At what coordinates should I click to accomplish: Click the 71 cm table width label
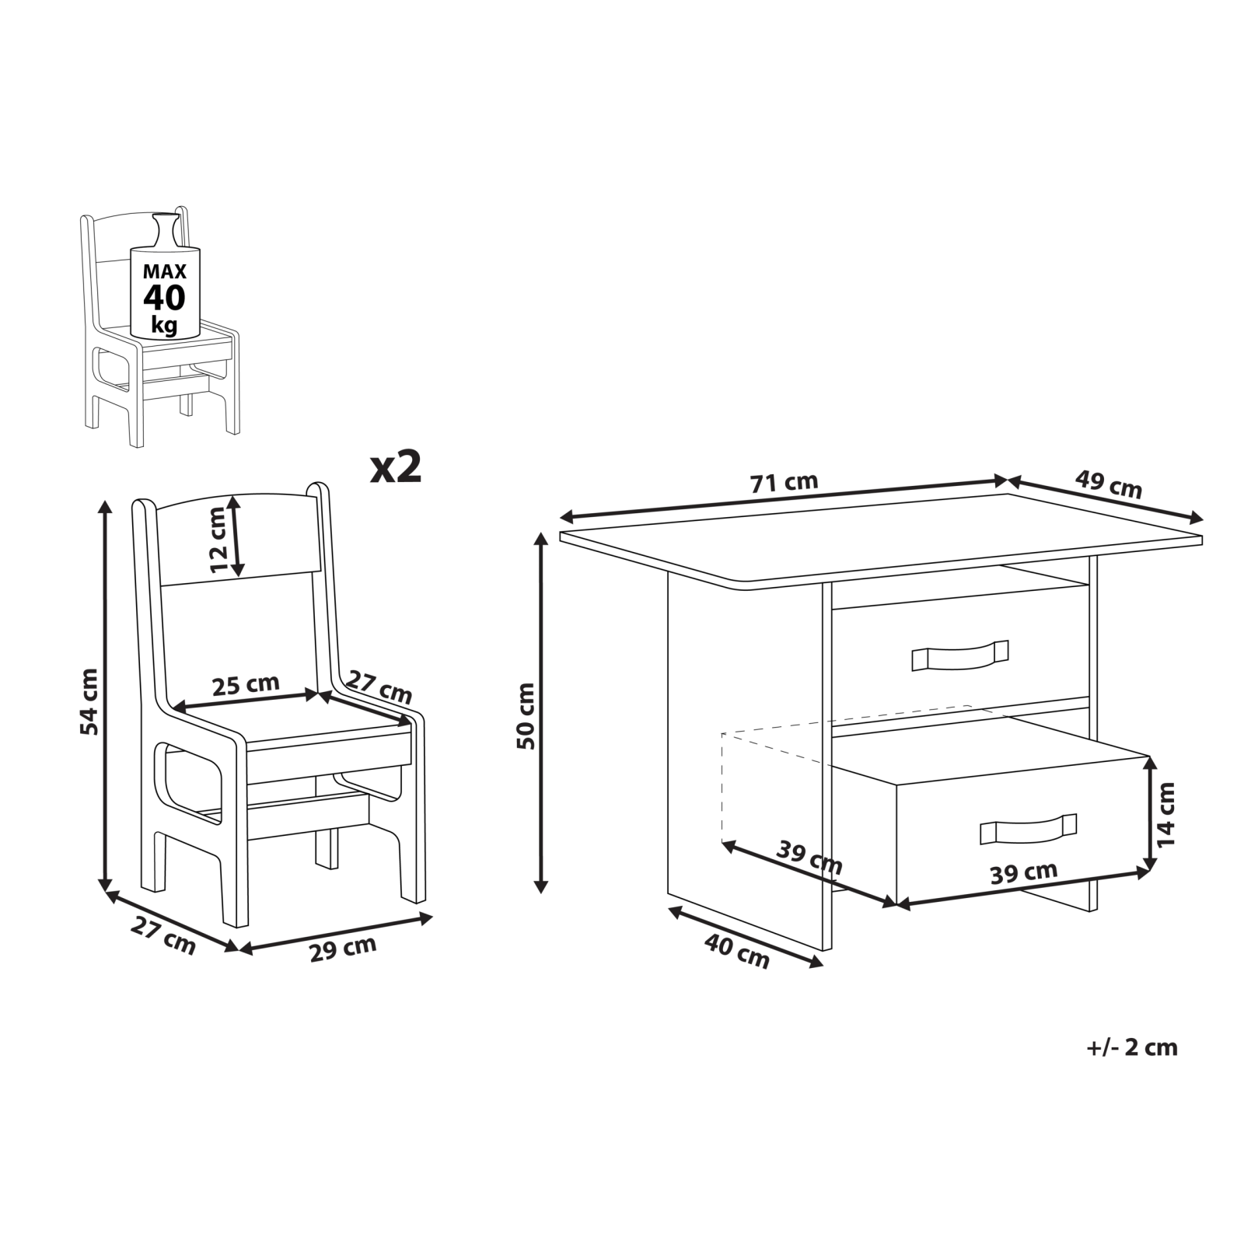tap(784, 483)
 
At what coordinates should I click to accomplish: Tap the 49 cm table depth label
tap(1109, 484)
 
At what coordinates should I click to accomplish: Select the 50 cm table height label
tap(526, 715)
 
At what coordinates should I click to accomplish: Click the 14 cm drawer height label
tap(1166, 814)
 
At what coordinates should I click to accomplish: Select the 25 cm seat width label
tap(246, 685)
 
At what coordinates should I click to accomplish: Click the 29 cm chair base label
tap(343, 949)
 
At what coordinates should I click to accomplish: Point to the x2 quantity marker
tap(396, 467)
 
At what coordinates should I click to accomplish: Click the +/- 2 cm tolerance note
tap(1131, 1047)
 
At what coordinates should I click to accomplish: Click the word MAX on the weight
tap(164, 271)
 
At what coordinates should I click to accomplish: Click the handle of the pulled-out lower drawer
tap(1028, 829)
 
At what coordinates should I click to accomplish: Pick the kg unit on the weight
tap(164, 324)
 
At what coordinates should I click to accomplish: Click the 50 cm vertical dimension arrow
tap(542, 712)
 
